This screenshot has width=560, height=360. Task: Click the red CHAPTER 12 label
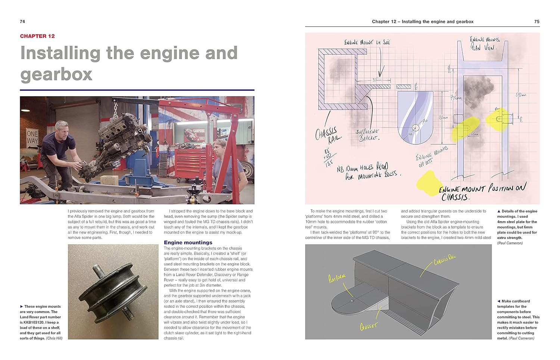(x=37, y=36)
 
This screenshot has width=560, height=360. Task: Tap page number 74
(x=22, y=22)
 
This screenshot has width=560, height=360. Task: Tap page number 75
(x=536, y=22)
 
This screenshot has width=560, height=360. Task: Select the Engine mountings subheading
(x=188, y=242)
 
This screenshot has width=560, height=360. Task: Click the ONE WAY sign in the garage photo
(x=32, y=137)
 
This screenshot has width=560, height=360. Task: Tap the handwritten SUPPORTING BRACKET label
(x=367, y=135)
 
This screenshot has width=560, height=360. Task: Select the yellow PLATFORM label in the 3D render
(x=337, y=278)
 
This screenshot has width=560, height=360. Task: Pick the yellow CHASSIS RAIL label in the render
(x=445, y=260)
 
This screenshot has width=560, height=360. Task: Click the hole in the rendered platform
(x=352, y=300)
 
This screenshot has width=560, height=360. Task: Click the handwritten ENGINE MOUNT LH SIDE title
(x=367, y=43)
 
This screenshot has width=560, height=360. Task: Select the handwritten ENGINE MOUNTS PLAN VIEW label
(x=485, y=43)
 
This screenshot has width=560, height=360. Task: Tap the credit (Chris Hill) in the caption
(x=54, y=338)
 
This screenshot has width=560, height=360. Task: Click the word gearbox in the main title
(x=56, y=74)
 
